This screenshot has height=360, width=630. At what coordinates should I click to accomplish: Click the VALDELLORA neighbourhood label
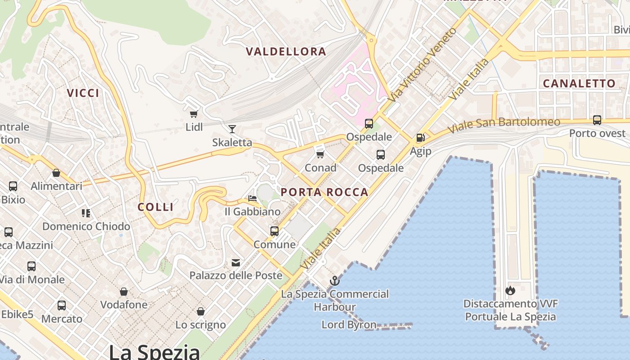(286, 51)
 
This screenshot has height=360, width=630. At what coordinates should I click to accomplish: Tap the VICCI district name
(83, 93)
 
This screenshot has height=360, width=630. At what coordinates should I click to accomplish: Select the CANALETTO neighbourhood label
(579, 83)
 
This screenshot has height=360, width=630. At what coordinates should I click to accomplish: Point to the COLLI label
(156, 207)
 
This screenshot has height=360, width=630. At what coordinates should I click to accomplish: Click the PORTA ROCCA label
(324, 192)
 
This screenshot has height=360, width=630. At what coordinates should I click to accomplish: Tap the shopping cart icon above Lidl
(194, 114)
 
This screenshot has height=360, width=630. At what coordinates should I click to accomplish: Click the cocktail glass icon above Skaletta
(232, 129)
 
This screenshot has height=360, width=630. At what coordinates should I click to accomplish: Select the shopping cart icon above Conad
(320, 154)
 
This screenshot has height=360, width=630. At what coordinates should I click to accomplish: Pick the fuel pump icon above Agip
(421, 138)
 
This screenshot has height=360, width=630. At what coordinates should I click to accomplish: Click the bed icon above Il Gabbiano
(252, 198)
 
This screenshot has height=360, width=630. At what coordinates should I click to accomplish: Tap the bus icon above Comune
(274, 231)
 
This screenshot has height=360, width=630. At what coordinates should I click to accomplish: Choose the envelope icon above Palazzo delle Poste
(236, 262)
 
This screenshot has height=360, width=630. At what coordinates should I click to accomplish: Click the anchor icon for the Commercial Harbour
(334, 281)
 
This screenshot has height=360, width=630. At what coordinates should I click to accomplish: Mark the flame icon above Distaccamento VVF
(510, 291)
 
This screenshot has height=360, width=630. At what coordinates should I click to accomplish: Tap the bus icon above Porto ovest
(597, 120)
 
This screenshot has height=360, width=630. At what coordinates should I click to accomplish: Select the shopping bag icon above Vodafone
(124, 292)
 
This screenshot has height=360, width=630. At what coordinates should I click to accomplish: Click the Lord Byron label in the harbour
(349, 324)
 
